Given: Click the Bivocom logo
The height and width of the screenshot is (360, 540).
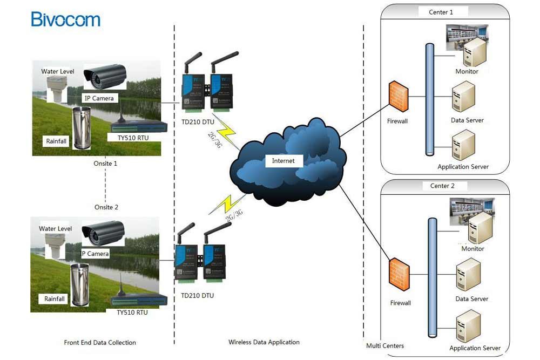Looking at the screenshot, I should [x=65, y=19].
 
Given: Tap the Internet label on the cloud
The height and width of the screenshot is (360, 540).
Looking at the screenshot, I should [x=283, y=161].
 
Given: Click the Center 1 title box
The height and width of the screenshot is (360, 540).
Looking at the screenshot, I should [x=441, y=12].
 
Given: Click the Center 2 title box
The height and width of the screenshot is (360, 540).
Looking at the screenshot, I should [x=442, y=186].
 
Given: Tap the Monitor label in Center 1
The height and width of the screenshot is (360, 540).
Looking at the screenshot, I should [x=467, y=71].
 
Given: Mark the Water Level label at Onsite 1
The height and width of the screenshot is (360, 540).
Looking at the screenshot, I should [x=58, y=71].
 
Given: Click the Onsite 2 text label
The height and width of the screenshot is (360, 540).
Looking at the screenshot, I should [x=106, y=207].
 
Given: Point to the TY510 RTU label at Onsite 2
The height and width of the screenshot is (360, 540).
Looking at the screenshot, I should [x=132, y=312].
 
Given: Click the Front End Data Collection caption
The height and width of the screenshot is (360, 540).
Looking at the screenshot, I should [x=100, y=342].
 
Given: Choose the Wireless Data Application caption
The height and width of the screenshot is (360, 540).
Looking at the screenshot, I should [x=264, y=342].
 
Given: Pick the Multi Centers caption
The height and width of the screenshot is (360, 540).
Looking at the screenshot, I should [x=385, y=345].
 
